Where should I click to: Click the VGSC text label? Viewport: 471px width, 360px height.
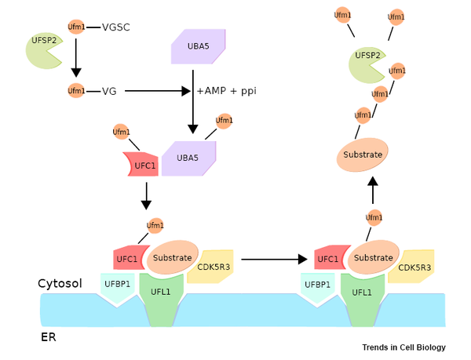tap(116, 27)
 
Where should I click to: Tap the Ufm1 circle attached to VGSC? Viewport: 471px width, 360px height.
tap(76, 27)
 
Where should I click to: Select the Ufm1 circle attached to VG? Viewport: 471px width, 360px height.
tap(76, 91)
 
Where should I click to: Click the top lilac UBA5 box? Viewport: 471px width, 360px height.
tap(199, 46)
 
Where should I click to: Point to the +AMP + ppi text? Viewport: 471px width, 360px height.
tap(227, 91)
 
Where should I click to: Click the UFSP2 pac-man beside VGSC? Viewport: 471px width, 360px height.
tap(44, 51)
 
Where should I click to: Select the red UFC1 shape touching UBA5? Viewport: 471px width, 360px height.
tap(141, 164)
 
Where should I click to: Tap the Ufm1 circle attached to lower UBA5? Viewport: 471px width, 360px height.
tap(224, 121)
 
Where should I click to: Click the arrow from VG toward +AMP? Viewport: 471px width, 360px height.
tap(158, 91)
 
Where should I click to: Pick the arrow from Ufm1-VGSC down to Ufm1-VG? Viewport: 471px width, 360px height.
tap(76, 57)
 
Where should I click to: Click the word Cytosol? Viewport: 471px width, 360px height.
tap(60, 283)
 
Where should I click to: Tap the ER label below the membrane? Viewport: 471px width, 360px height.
tap(49, 337)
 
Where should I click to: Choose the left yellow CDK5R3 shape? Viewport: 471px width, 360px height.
tap(210, 267)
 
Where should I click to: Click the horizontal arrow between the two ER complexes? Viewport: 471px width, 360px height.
tap(274, 259)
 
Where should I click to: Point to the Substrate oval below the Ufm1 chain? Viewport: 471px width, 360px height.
tap(362, 155)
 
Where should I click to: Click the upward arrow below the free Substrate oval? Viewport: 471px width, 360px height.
tap(373, 191)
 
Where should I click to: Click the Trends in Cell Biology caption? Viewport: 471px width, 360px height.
tap(404, 347)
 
